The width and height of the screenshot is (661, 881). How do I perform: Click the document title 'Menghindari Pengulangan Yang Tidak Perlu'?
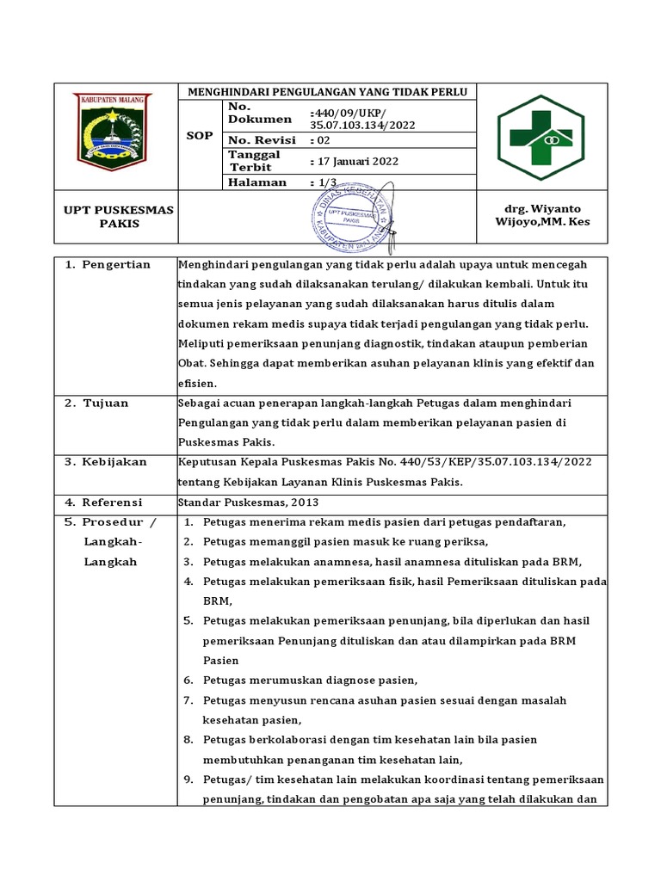point(326,91)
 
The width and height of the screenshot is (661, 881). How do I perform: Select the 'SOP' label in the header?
point(200,136)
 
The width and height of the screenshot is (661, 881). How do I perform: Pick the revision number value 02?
point(324,140)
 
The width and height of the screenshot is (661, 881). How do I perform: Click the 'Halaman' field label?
point(256,182)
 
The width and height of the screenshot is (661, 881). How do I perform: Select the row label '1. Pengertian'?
point(108,264)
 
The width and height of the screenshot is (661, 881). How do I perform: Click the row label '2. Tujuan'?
point(97,403)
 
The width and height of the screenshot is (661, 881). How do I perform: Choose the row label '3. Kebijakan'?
point(107,462)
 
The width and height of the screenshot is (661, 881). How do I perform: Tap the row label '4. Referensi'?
point(104,502)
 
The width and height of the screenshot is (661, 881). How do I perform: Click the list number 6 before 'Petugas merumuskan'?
point(188,681)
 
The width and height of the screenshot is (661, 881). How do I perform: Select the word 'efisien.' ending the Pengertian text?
point(197,383)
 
